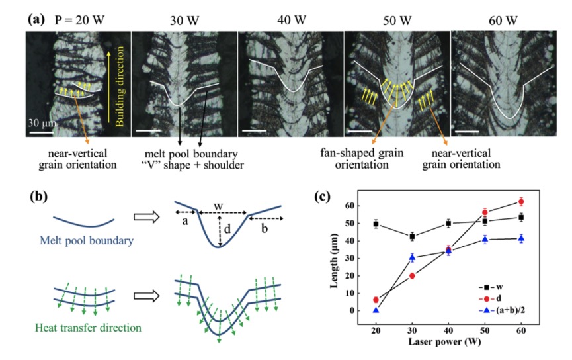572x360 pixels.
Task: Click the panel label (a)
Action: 36,19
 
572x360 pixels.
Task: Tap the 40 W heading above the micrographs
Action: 292,20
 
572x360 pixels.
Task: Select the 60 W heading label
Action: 503,21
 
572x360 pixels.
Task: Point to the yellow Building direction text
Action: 120,86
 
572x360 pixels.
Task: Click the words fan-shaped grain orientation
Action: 362,158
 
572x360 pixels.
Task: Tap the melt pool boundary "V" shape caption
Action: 192,159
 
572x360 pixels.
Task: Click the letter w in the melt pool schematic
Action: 218,206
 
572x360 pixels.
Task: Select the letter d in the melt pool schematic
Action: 227,229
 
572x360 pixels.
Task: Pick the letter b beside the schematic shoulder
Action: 265,228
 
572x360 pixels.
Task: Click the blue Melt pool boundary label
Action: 87,240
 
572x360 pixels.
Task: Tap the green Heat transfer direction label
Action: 88,328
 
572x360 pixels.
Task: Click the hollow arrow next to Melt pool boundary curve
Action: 147,217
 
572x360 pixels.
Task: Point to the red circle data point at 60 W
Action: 521,202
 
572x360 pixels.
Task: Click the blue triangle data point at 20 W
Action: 376,310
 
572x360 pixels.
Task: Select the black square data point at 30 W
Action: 412,237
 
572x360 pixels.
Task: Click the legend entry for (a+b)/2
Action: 503,310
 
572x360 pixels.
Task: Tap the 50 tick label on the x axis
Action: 485,330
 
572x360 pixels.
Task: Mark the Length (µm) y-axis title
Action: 333,260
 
